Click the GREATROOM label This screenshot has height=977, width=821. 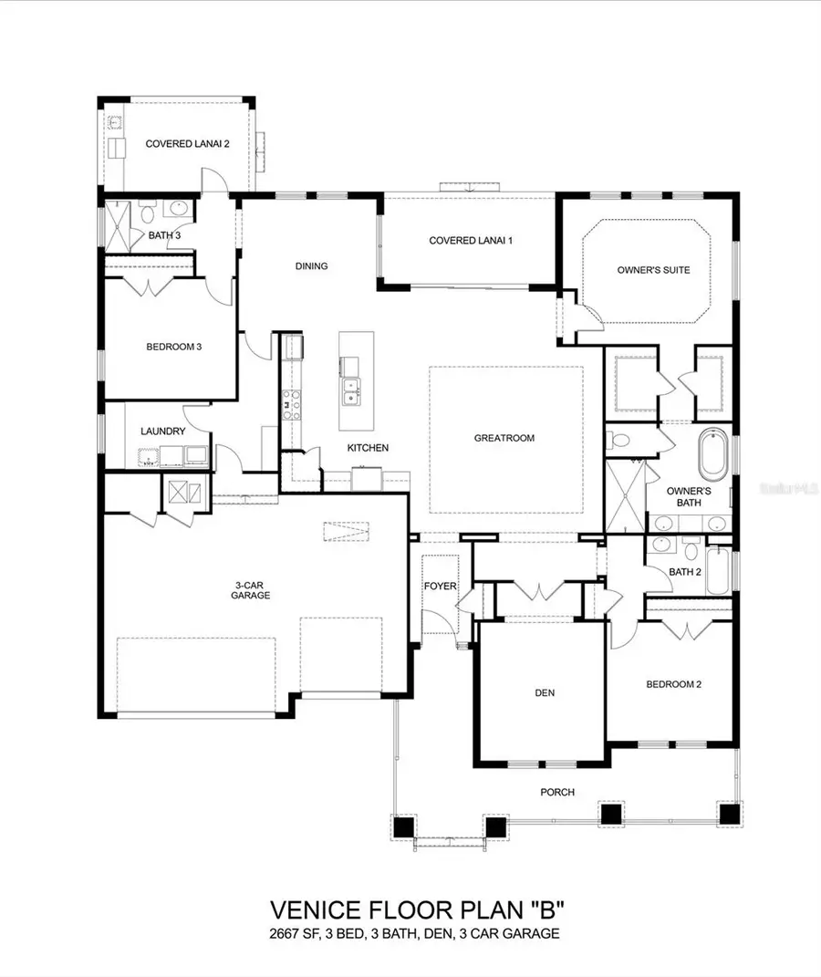point(504,438)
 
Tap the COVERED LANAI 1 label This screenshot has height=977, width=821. point(471,241)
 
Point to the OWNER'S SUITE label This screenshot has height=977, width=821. point(653,270)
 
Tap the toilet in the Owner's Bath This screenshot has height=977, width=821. point(622,441)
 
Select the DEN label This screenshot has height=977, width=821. point(545,693)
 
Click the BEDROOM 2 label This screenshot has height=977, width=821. point(673,684)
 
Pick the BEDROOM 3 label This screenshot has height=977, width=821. point(173,347)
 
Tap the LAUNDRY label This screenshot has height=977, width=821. point(163,431)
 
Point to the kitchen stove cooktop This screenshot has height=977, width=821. point(291,404)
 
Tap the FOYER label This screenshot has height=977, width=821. point(439,586)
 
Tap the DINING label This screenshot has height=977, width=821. point(311,266)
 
